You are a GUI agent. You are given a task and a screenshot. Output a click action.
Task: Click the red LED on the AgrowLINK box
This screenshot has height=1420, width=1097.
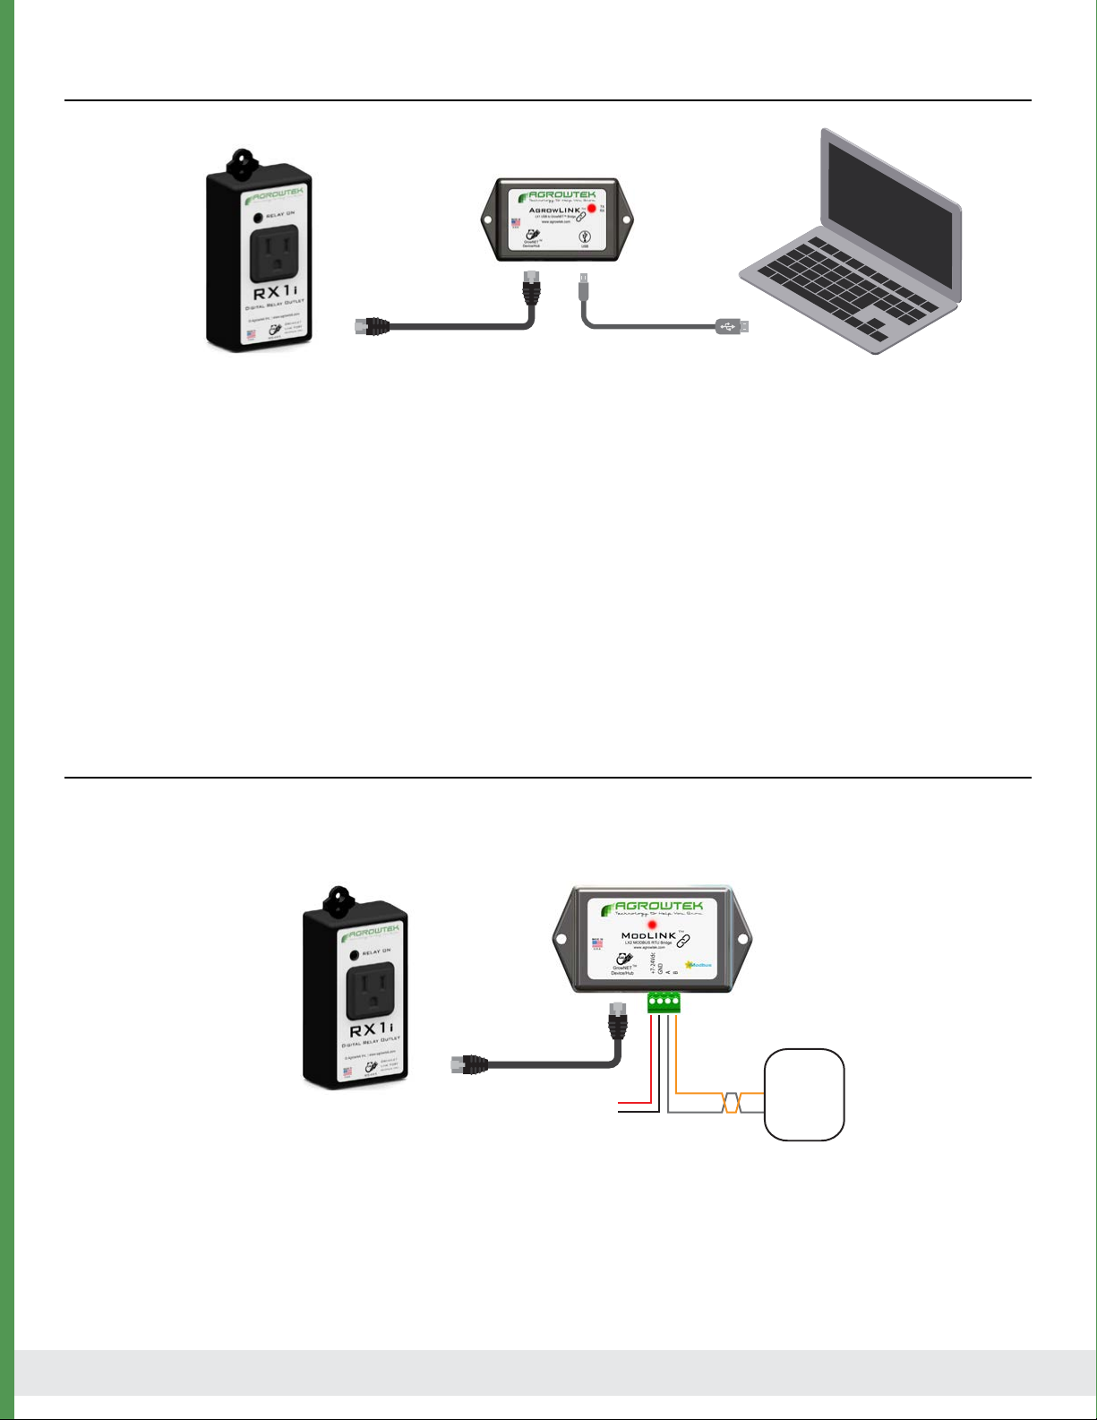(592, 209)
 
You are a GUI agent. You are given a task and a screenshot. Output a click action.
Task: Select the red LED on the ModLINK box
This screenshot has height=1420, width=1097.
(652, 924)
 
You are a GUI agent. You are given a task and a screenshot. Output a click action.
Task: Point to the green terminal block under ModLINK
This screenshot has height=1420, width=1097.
(664, 1003)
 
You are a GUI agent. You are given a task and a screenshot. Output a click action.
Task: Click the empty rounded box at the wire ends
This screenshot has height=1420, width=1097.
(804, 1094)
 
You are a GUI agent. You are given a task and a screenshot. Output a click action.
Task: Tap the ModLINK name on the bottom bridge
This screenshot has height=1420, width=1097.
(647, 936)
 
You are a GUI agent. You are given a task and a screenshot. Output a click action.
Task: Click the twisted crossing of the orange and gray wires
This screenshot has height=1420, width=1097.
(732, 1103)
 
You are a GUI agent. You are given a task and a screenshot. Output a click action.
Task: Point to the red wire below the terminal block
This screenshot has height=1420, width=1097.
(652, 1057)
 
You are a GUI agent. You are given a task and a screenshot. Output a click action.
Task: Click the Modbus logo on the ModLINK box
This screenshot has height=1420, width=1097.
(698, 965)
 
